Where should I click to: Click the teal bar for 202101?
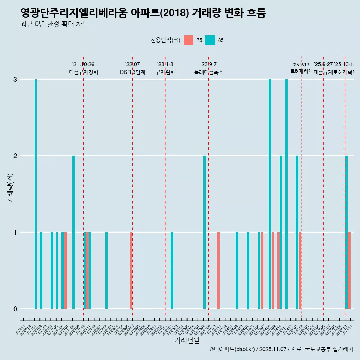[36, 194]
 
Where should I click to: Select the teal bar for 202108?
[73, 232]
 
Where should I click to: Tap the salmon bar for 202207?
[131, 270]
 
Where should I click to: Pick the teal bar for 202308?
[204, 232]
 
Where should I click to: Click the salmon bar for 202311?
[218, 270]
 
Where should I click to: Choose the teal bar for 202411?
[286, 194]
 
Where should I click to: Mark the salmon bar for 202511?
[349, 270]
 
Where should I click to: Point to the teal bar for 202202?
[106, 270]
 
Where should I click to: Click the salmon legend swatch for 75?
[189, 40]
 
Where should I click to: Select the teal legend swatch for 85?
[210, 40]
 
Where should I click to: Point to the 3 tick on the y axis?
[15, 79]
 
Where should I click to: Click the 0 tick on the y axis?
[15, 309]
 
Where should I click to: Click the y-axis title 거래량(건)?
[10, 187]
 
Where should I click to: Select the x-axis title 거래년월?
[187, 340]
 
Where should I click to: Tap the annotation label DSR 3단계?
[132, 72]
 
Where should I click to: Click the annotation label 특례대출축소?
[208, 72]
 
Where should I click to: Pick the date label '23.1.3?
[165, 64]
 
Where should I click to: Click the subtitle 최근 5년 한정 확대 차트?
[54, 24]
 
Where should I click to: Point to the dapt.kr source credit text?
[281, 349]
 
